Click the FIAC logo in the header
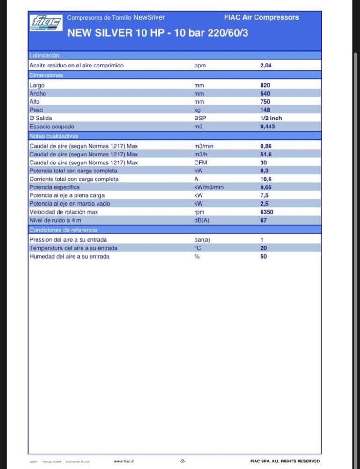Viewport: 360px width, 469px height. click(46, 22)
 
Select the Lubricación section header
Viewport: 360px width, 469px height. click(45, 55)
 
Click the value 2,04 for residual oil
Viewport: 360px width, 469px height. click(266, 66)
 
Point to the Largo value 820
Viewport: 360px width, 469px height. click(265, 85)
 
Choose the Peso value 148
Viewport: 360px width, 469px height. click(265, 110)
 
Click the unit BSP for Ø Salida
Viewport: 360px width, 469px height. click(200, 119)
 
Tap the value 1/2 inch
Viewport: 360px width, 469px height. click(271, 119)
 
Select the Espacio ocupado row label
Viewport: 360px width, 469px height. click(52, 127)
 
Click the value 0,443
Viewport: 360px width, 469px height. click(268, 127)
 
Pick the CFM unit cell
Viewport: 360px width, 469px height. click(200, 163)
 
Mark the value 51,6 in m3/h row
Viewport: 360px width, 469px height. click(266, 154)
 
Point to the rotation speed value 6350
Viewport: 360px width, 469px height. click(267, 212)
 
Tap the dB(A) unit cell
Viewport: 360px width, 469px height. click(202, 220)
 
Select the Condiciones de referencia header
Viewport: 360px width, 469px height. click(63, 230)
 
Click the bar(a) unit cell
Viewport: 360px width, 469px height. click(202, 240)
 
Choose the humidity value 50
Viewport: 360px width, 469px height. click(263, 256)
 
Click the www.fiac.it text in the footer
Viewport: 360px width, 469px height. click(124, 462)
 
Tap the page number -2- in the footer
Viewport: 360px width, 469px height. click(182, 462)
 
